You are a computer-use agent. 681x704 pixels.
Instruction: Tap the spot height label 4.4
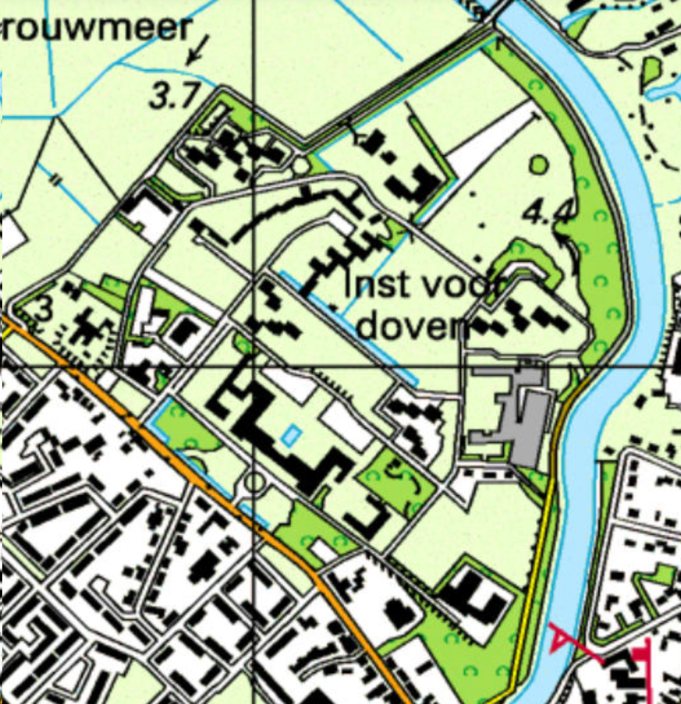pos(547,213)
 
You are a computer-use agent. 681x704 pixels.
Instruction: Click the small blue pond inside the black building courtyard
pos(290,435)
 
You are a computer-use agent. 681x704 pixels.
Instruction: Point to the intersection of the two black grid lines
pos(254,366)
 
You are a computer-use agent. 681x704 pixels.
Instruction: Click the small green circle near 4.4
pos(539,163)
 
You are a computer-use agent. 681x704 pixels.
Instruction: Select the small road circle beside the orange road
pos(254,483)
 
